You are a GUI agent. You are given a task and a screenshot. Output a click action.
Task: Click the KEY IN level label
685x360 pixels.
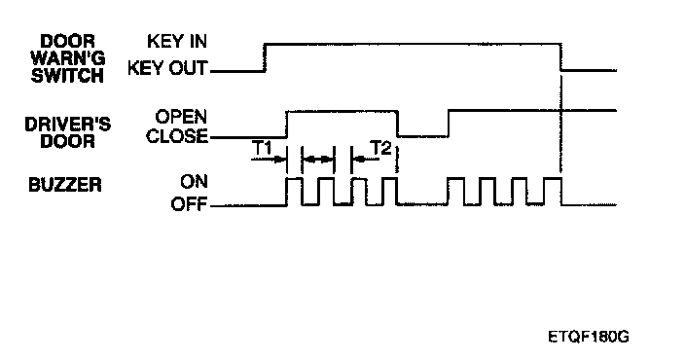(177, 41)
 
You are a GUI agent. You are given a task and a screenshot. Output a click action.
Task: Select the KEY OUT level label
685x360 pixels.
(167, 68)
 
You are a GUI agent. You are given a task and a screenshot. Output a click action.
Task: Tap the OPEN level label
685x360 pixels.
(181, 117)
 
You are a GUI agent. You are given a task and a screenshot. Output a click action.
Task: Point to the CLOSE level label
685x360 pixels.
(177, 136)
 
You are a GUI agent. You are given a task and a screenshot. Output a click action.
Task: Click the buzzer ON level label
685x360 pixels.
(194, 181)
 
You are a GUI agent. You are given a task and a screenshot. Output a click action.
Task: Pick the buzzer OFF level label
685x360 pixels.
(189, 204)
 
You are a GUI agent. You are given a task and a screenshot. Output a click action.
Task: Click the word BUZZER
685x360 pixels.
(65, 185)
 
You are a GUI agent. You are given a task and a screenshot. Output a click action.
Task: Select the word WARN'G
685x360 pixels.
(68, 58)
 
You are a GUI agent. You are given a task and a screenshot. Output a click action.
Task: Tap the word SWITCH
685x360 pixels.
(67, 76)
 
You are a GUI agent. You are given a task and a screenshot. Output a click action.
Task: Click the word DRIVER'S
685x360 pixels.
(68, 125)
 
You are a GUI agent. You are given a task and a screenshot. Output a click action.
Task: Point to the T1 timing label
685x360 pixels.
(263, 148)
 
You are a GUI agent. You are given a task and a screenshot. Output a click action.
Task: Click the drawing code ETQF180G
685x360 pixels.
(588, 337)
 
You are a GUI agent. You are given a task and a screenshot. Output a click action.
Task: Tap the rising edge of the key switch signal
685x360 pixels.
(265, 56)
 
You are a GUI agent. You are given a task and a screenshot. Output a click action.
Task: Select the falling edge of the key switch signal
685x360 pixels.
(561, 56)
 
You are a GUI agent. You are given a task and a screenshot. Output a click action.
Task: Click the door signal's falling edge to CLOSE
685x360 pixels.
(398, 124)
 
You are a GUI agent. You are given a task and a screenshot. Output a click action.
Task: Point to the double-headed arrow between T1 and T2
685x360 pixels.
(317, 160)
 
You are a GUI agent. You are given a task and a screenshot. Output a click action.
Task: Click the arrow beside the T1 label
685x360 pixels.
(269, 160)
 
